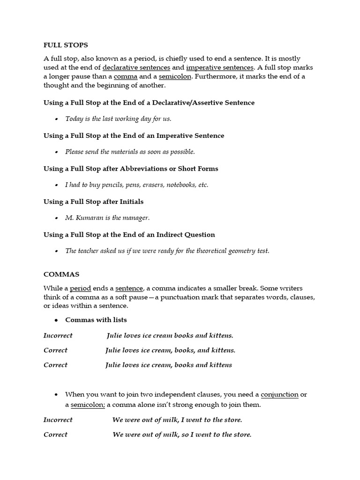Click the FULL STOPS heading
(x=66, y=45)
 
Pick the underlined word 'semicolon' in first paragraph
(x=175, y=76)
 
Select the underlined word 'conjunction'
(x=279, y=394)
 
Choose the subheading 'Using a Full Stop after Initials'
(x=93, y=202)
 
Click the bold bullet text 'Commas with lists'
(x=96, y=320)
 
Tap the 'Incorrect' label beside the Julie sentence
(x=58, y=336)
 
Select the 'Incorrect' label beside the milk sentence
(x=58, y=420)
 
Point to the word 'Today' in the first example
(x=74, y=119)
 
